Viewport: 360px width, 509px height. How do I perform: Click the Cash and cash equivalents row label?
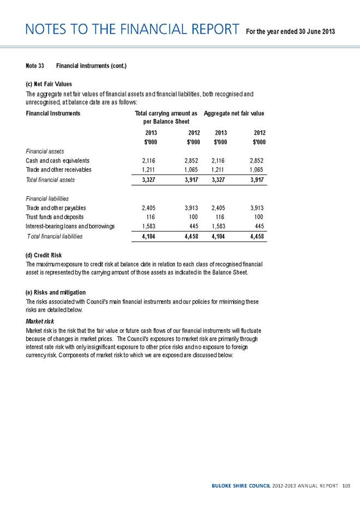click(x=57, y=161)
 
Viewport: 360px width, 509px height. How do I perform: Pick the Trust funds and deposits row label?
click(x=55, y=217)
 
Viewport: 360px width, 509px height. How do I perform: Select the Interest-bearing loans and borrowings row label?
click(x=70, y=226)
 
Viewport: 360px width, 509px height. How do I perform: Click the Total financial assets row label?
click(x=51, y=179)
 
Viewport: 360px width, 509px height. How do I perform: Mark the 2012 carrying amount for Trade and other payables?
click(x=191, y=208)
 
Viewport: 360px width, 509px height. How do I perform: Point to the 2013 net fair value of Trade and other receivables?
click(x=218, y=170)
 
